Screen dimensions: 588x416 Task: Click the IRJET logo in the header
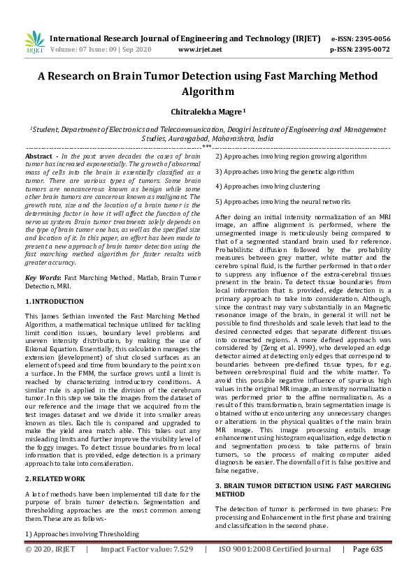(x=34, y=43)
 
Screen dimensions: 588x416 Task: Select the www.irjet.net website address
(x=200, y=50)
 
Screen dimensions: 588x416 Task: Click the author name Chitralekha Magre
(x=208, y=111)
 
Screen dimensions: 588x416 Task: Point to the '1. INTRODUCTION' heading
(x=55, y=301)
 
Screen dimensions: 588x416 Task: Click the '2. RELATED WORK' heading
(x=55, y=478)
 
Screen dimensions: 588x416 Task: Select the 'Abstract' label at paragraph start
(x=39, y=156)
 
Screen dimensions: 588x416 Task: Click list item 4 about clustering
(x=267, y=186)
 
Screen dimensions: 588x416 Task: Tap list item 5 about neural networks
(x=282, y=201)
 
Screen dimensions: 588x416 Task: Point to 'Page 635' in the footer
(x=368, y=550)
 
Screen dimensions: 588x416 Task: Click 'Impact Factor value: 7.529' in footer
(x=146, y=550)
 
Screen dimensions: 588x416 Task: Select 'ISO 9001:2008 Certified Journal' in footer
(x=274, y=550)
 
